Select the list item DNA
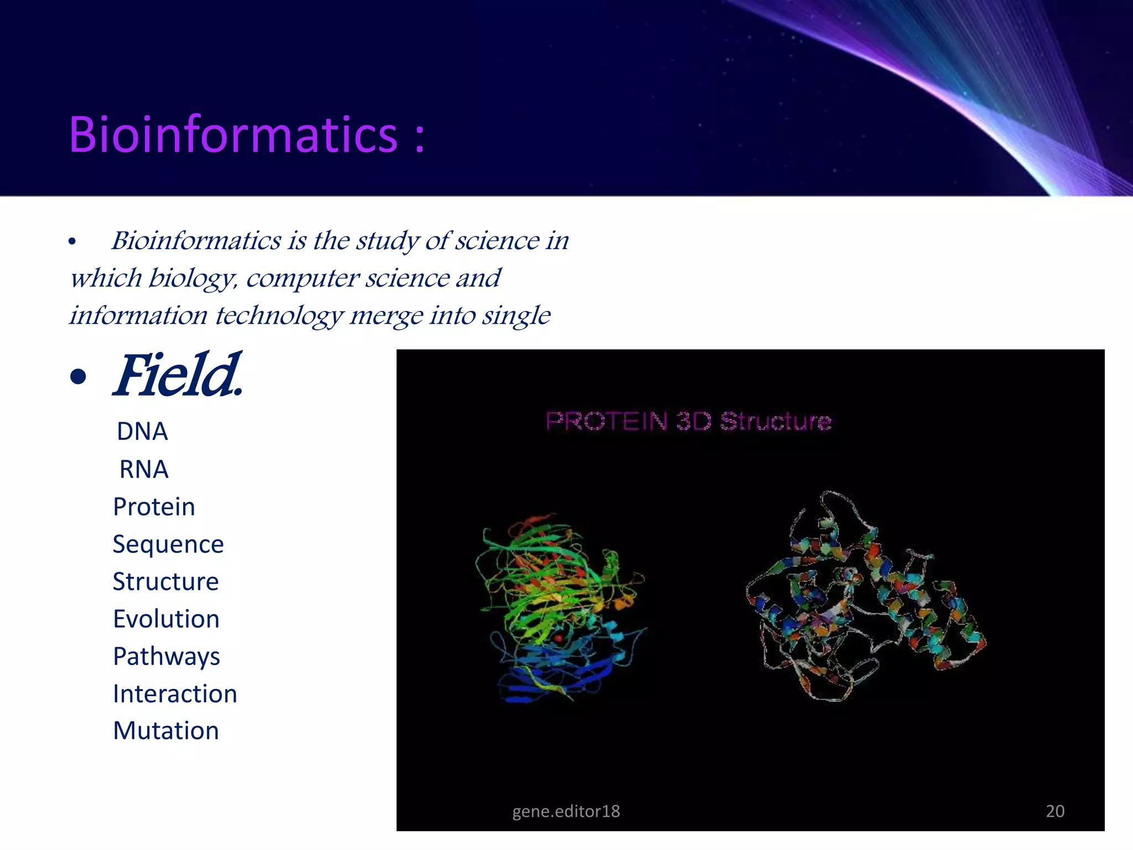142,432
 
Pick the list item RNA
144,470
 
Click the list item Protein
154,507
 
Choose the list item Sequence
168,545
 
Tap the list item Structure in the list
165,582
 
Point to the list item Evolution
166,619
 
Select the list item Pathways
166,657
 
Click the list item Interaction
175,694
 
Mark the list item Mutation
166,731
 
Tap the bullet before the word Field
79,377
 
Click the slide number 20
1055,811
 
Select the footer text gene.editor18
566,811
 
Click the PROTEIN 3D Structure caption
688,422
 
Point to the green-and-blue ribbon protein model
559,609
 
